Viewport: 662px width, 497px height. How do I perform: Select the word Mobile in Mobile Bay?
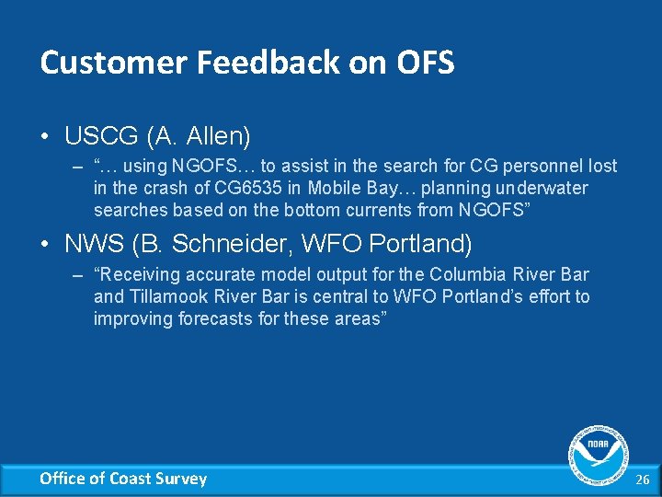click(336, 188)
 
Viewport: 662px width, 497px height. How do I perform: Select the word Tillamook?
click(169, 296)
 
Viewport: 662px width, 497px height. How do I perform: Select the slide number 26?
click(642, 479)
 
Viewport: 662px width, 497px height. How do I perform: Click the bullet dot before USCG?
click(45, 137)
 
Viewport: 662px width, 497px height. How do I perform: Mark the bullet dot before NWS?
click(45, 245)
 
